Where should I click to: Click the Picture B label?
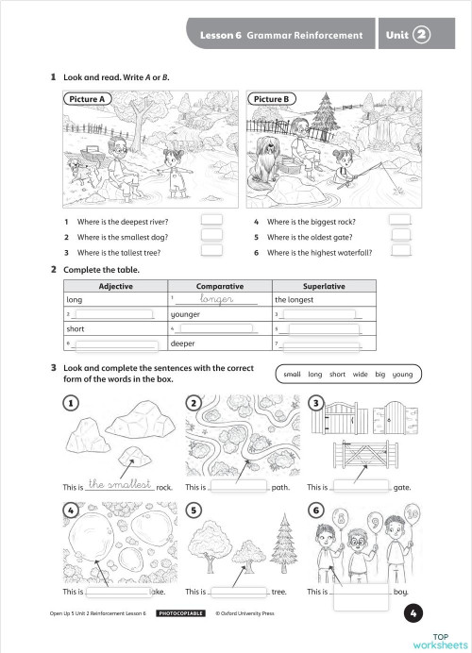272,98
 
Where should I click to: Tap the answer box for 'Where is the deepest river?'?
211,221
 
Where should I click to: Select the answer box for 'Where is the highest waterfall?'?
401,252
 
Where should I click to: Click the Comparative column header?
219,286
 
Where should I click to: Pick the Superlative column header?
324,286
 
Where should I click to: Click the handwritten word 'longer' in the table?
211,299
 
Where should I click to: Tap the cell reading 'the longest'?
294,300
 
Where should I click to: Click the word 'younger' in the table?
186,314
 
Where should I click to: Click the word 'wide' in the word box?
360,375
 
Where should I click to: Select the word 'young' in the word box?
403,375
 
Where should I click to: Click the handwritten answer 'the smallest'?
119,484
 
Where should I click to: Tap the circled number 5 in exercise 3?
193,511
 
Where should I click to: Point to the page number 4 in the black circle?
413,613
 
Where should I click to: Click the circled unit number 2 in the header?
421,35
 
